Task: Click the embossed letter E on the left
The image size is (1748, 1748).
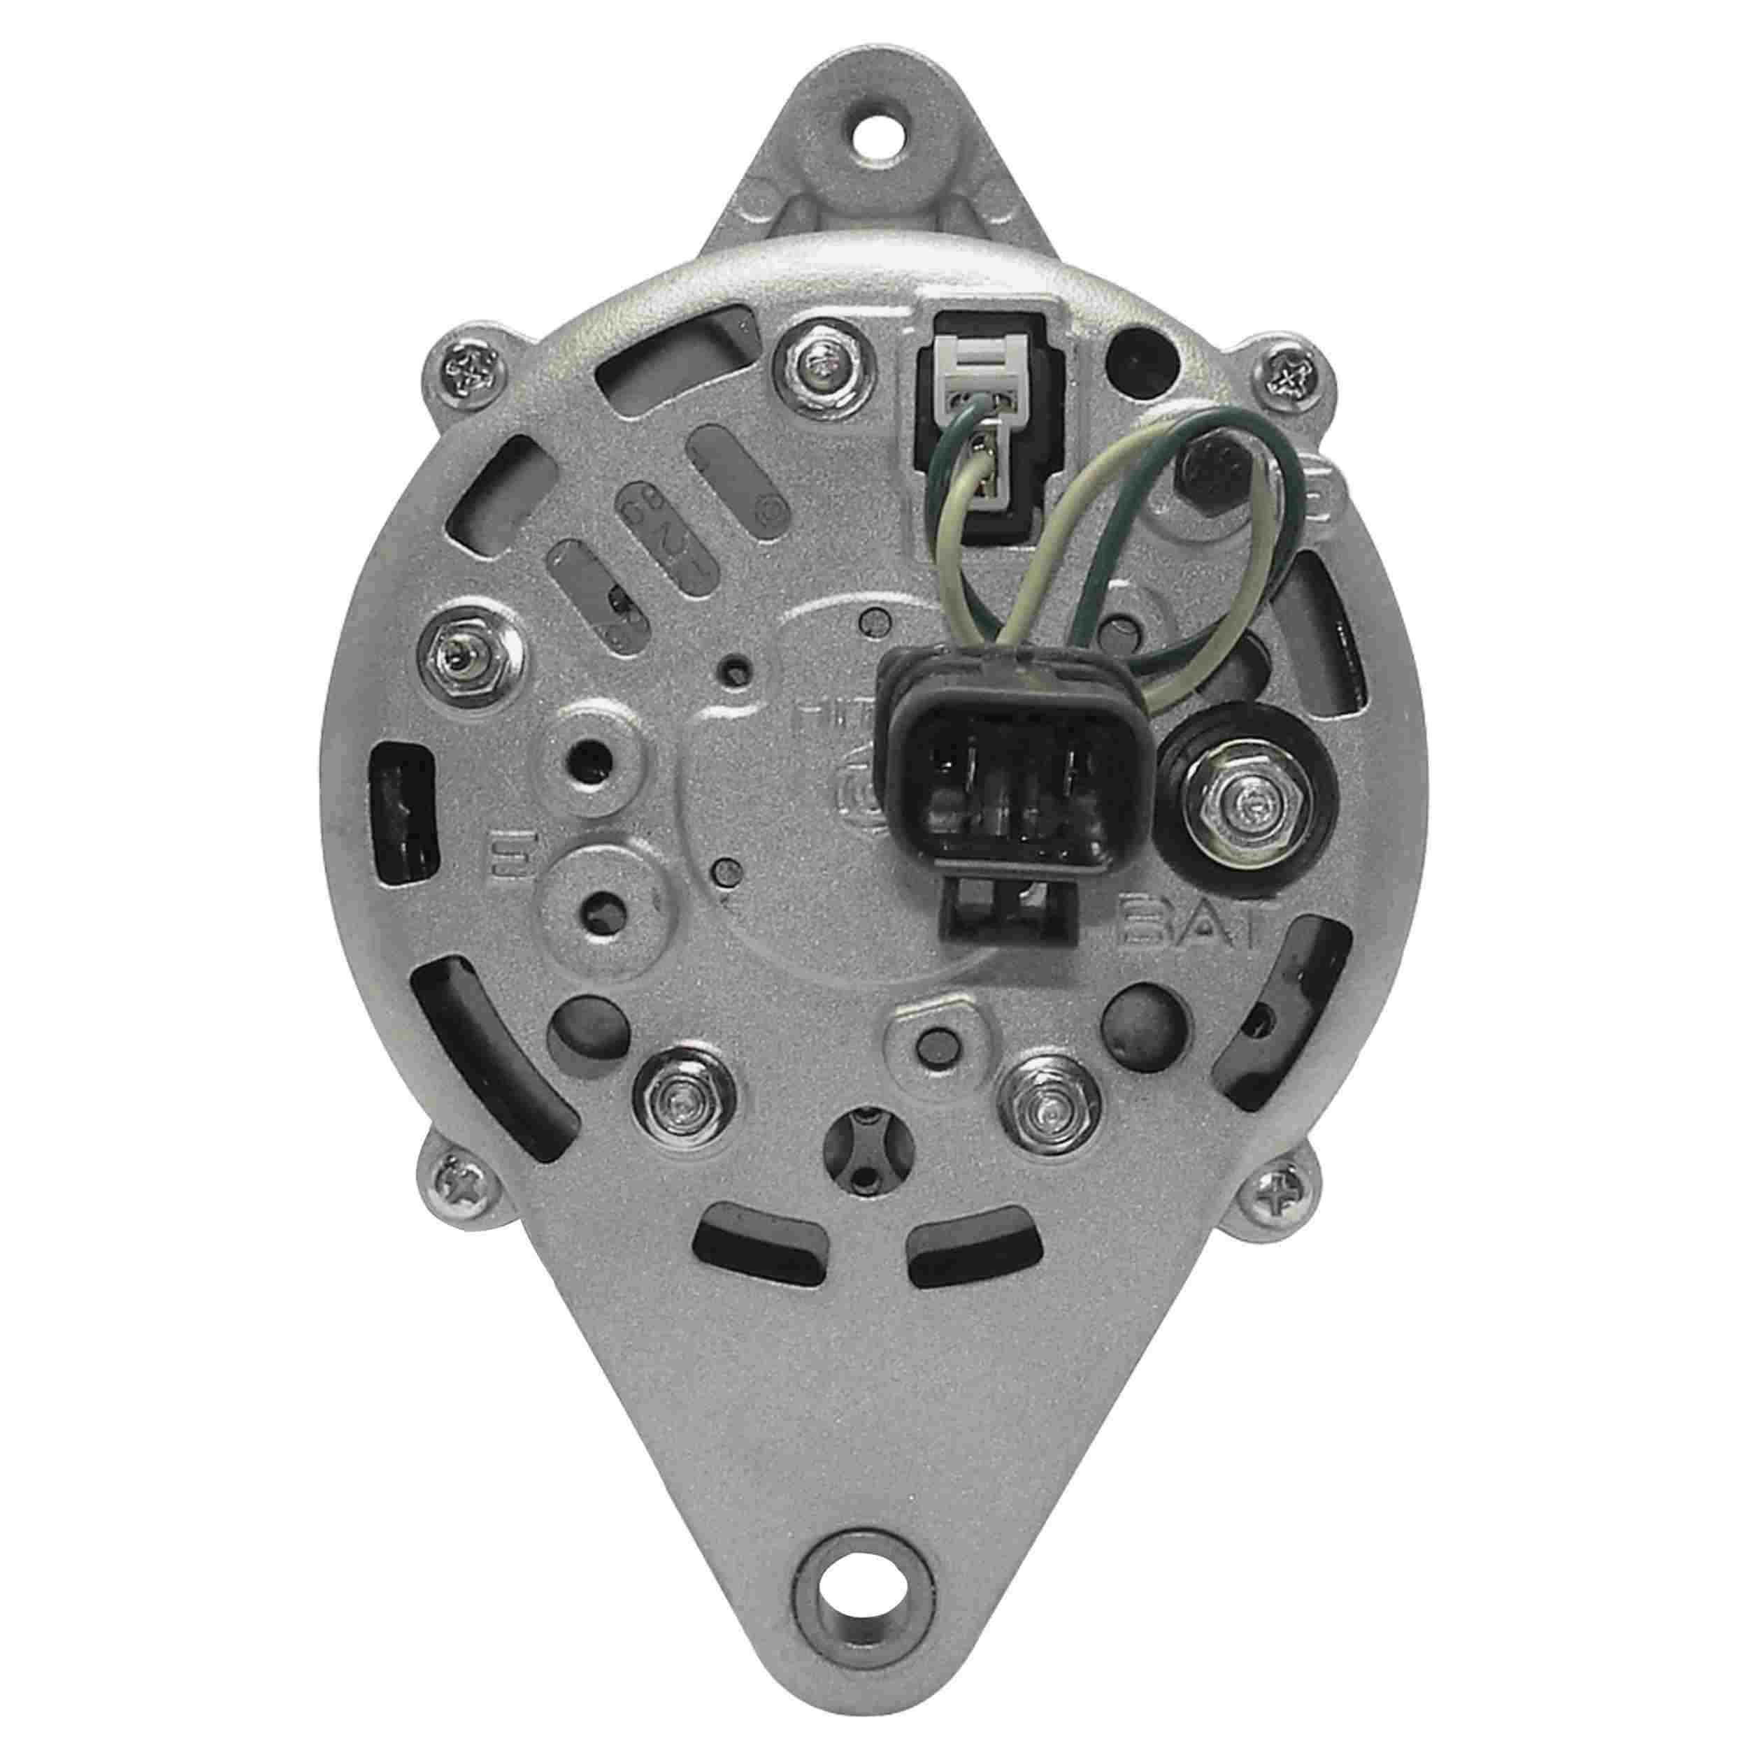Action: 499,849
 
